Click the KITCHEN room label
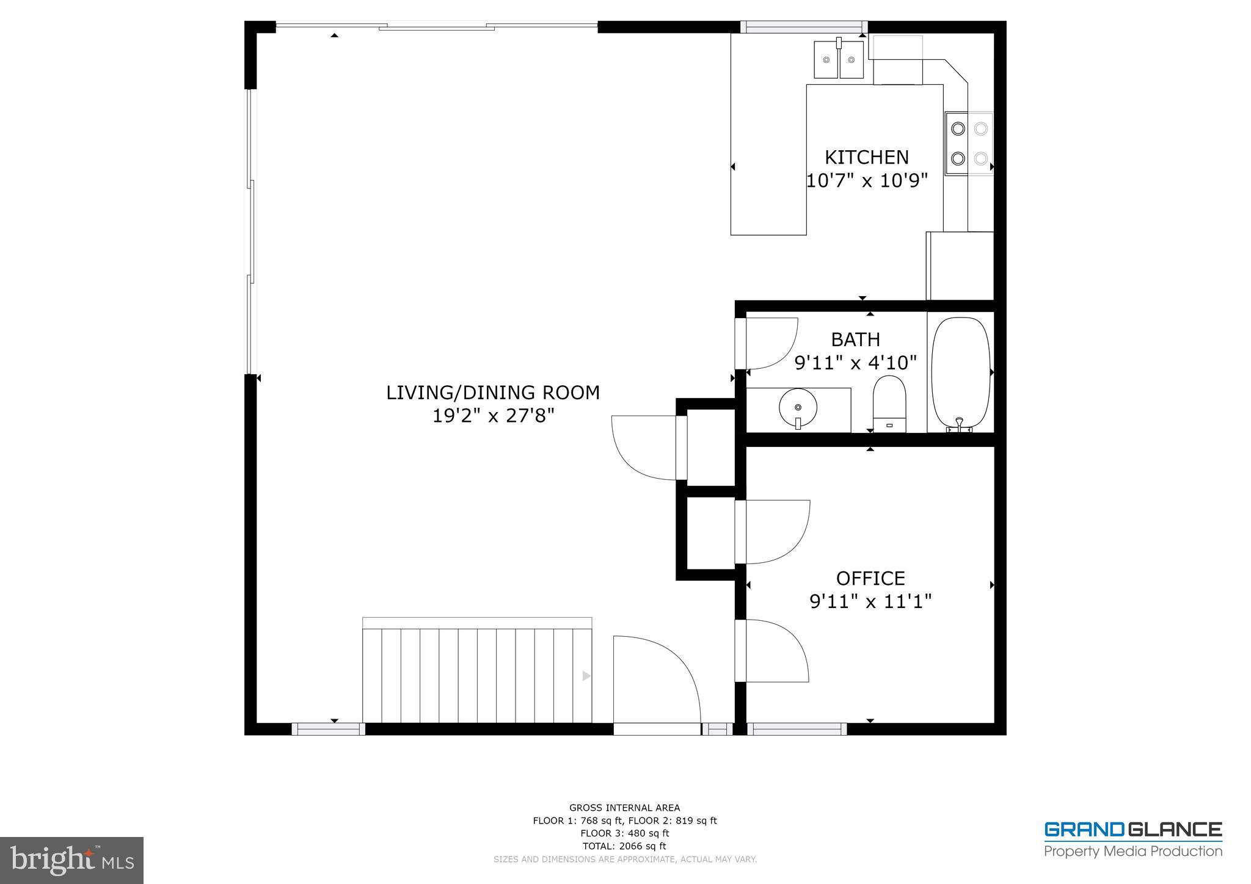866,158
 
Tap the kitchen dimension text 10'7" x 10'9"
866,181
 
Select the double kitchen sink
839,60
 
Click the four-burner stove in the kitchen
969,144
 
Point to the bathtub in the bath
960,372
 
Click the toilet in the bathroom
889,404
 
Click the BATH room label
855,339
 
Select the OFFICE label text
870,578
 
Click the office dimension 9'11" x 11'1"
870,602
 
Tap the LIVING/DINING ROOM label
492,393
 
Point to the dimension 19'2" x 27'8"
492,416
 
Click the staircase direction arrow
586,676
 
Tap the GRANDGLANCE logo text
1132,830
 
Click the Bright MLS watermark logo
72,860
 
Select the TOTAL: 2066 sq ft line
624,846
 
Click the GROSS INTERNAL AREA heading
624,808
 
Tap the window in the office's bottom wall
797,728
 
